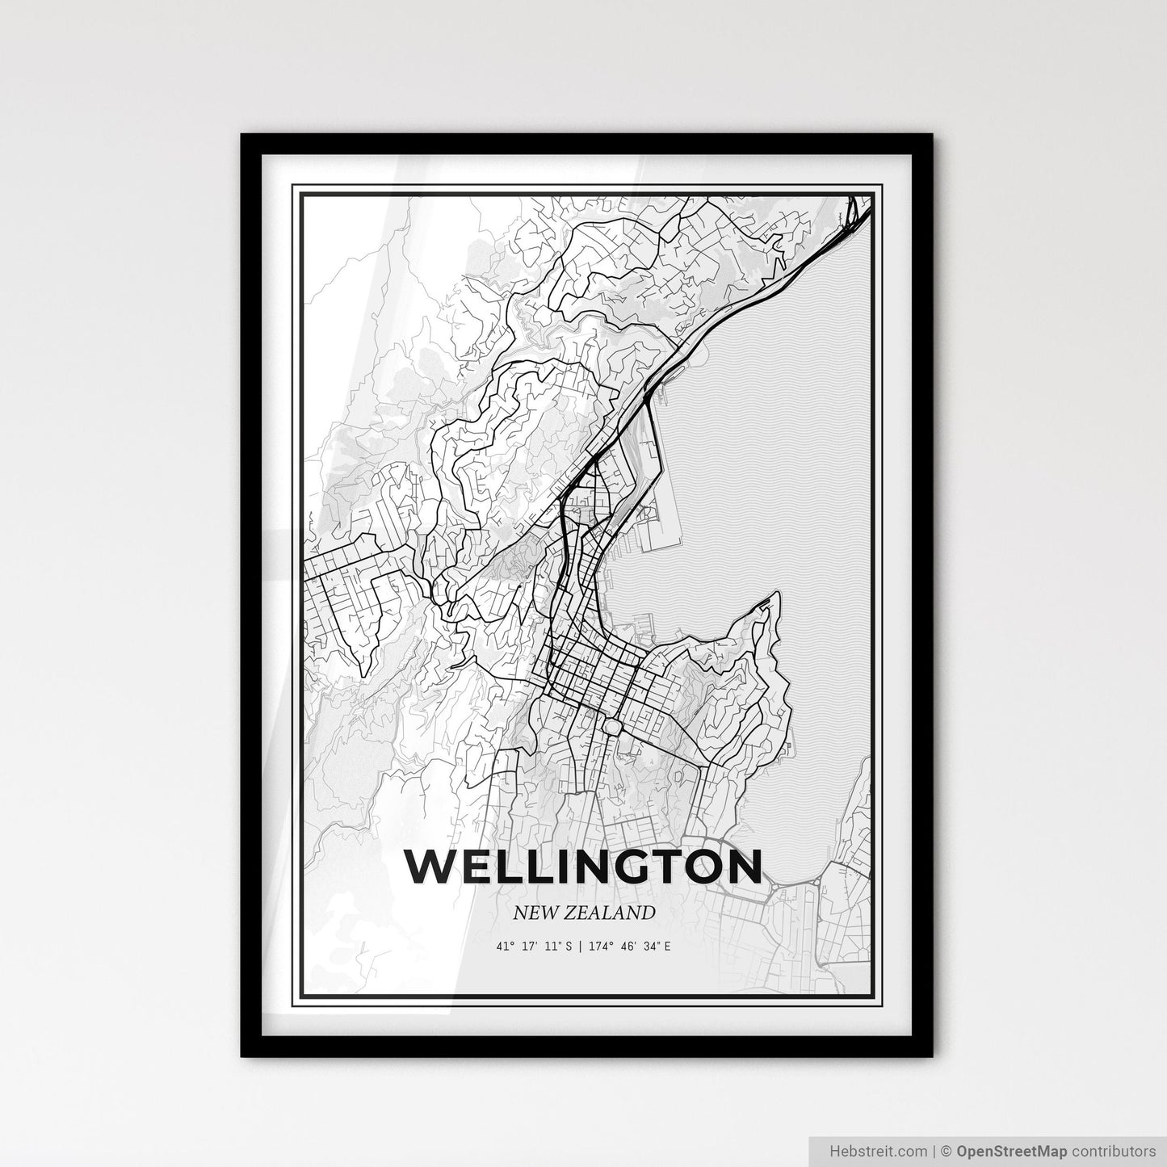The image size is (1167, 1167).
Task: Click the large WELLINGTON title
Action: [584, 866]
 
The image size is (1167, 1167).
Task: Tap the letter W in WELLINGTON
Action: [427, 867]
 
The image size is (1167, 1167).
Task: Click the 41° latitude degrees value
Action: [506, 945]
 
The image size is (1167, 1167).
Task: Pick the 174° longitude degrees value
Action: [595, 945]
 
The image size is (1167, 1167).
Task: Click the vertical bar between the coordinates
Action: [577, 945]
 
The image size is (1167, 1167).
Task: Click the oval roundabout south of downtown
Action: [611, 726]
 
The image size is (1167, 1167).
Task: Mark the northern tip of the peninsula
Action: [777, 595]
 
